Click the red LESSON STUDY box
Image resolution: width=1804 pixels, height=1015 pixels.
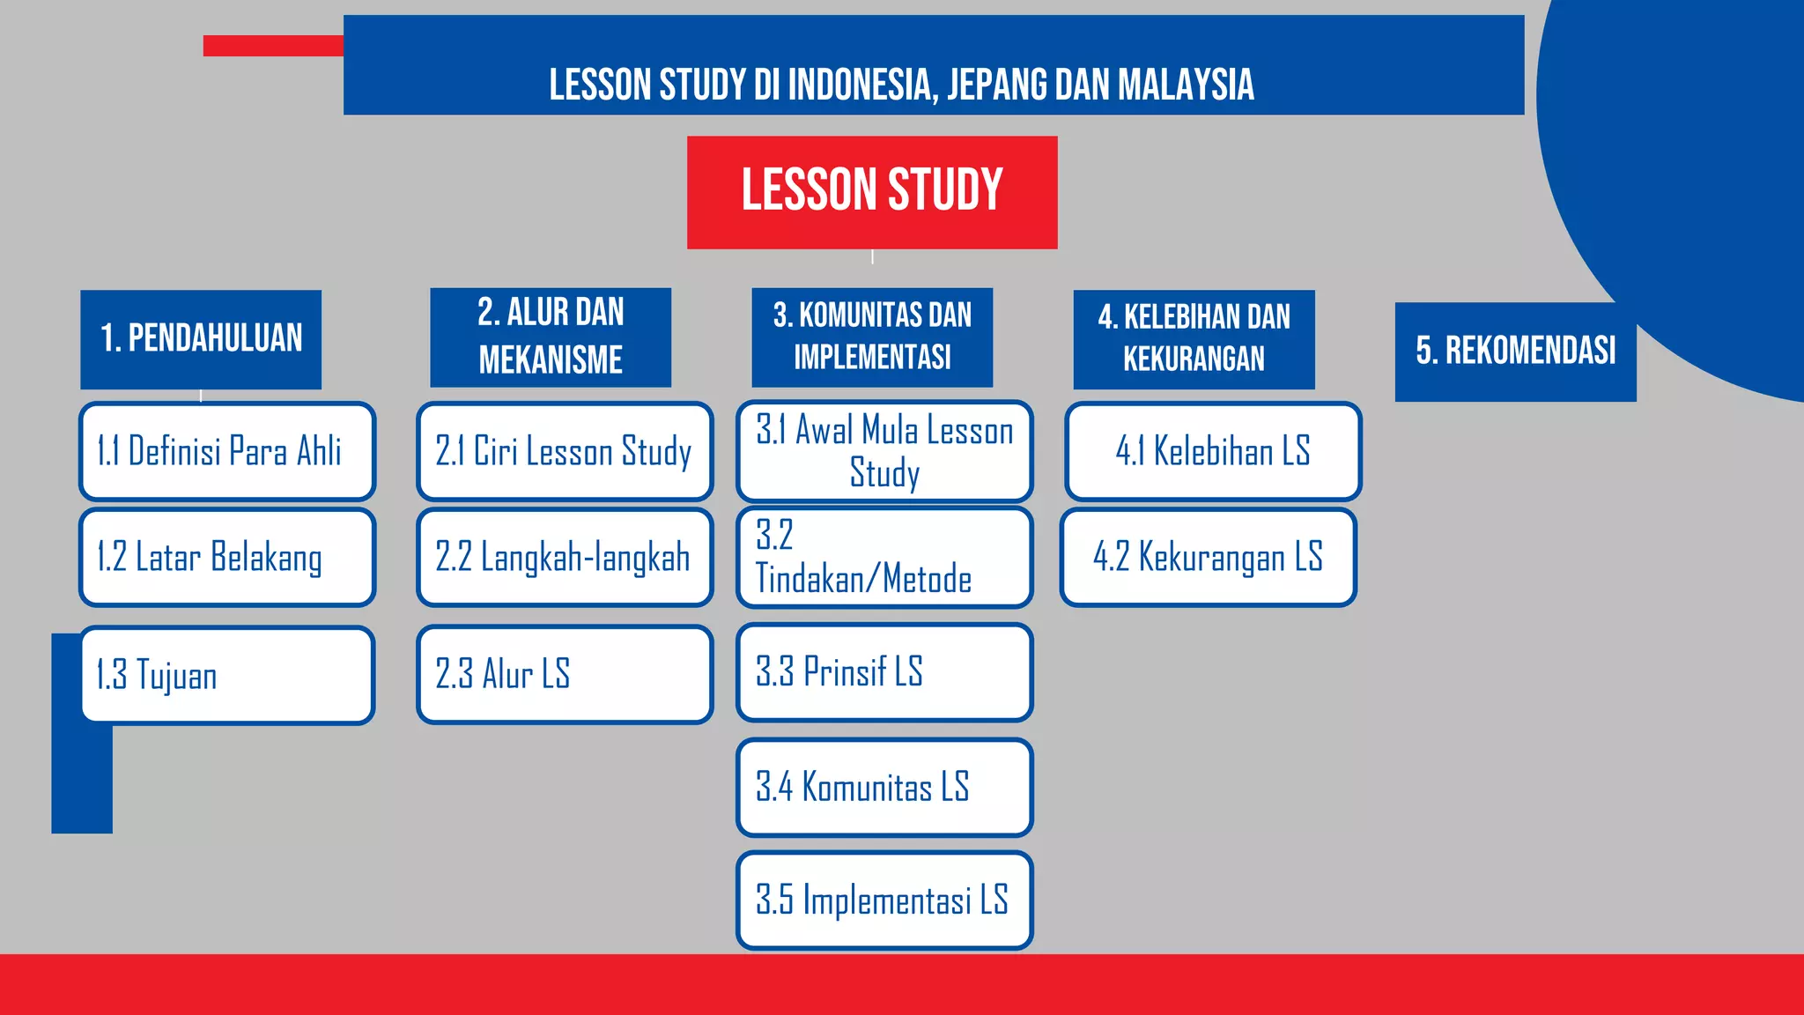pyautogui.click(x=872, y=191)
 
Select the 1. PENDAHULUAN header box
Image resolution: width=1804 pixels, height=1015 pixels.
pyautogui.click(x=201, y=339)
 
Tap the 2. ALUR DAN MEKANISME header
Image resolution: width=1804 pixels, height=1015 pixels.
pyautogui.click(x=551, y=337)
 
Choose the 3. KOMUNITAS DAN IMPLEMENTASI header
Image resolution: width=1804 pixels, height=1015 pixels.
pyautogui.click(x=872, y=337)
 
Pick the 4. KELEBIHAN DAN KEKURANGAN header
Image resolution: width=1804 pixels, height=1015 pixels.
pyautogui.click(x=1194, y=339)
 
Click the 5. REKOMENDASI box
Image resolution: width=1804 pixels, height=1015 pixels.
pyautogui.click(x=1515, y=352)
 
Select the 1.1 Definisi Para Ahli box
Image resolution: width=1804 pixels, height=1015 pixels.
pyautogui.click(x=227, y=451)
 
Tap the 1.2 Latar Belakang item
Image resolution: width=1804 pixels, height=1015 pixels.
pyautogui.click(x=227, y=557)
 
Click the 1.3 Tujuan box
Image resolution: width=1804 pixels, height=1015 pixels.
pyautogui.click(x=227, y=675)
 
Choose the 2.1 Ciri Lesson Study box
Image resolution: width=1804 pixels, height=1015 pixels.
pyautogui.click(x=565, y=451)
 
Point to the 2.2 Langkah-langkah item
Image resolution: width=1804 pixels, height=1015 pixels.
pyautogui.click(x=565, y=557)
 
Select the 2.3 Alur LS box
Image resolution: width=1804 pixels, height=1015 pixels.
pyautogui.click(x=565, y=674)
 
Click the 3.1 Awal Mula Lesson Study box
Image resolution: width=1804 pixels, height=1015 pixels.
pyautogui.click(x=884, y=451)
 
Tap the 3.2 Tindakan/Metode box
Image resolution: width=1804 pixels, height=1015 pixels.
pyautogui.click(x=884, y=557)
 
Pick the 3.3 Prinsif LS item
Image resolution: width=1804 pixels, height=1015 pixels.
pyautogui.click(x=884, y=672)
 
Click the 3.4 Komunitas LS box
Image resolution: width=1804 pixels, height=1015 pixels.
pyautogui.click(x=884, y=787)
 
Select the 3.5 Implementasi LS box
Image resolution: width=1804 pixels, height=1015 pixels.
pyautogui.click(x=884, y=900)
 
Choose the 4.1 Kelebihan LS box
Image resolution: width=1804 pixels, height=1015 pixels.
pyautogui.click(x=1213, y=451)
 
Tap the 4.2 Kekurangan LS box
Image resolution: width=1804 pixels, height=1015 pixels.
pyautogui.click(x=1208, y=557)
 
